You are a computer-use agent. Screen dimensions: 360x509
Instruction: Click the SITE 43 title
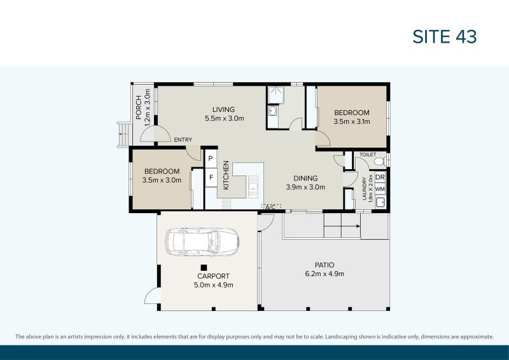click(x=445, y=37)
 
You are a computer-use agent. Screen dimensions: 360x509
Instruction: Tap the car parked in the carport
click(x=202, y=242)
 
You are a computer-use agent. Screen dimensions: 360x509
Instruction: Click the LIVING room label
click(x=224, y=109)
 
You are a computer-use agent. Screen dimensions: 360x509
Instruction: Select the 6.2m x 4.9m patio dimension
click(x=324, y=274)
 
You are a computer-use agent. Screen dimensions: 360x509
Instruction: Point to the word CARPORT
click(x=213, y=276)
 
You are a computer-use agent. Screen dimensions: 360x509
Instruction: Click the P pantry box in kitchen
click(x=211, y=158)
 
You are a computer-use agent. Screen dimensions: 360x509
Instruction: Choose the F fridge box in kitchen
click(x=211, y=177)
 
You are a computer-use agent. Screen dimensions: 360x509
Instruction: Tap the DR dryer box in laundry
click(x=380, y=177)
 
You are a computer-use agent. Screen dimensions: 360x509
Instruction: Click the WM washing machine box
click(x=380, y=189)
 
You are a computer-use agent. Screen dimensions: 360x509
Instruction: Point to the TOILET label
click(x=368, y=155)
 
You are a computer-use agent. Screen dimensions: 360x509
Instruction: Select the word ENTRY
click(x=183, y=140)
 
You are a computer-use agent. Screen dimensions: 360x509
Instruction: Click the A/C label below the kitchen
click(x=270, y=207)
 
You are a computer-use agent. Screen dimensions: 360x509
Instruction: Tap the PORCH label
click(x=139, y=107)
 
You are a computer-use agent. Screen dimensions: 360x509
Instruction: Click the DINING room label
click(x=305, y=178)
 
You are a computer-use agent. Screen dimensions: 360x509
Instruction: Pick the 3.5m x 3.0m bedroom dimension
click(x=162, y=180)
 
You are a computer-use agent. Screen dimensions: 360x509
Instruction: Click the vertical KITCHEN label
click(x=226, y=172)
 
